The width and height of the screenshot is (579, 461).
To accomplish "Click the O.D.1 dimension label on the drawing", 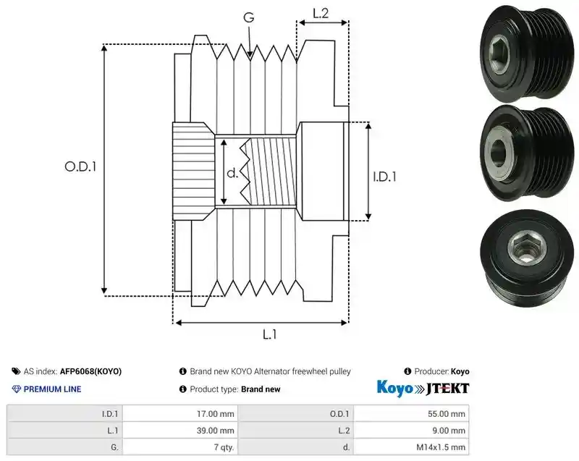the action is click(80, 167).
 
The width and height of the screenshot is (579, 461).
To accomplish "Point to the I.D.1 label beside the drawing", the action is click(384, 177).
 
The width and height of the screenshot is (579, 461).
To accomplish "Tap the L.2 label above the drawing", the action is click(321, 13).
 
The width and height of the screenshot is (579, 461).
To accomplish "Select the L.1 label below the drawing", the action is click(269, 334).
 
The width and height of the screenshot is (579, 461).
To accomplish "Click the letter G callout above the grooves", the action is click(249, 17).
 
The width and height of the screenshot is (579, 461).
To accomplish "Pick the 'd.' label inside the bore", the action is click(232, 172).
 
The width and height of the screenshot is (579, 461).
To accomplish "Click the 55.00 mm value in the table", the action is click(447, 414).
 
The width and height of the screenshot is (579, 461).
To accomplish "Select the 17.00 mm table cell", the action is click(215, 414).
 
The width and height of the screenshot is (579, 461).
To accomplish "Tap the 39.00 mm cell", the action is click(215, 431).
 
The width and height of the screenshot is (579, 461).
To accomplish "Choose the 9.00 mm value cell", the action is click(449, 431).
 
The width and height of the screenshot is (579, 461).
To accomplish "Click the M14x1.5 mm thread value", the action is click(441, 447).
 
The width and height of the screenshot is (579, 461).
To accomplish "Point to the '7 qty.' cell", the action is click(224, 447).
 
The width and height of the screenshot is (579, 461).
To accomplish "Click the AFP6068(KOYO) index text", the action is click(91, 371).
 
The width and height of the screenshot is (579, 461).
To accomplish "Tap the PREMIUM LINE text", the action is click(52, 389).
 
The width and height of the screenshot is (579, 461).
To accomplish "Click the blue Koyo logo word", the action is click(394, 389).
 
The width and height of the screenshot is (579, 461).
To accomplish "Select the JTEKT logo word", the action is click(447, 389).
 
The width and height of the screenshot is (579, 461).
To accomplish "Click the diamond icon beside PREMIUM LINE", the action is click(17, 389).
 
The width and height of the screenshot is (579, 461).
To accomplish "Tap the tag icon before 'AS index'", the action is click(16, 371).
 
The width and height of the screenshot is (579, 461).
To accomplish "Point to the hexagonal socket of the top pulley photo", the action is click(499, 55).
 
